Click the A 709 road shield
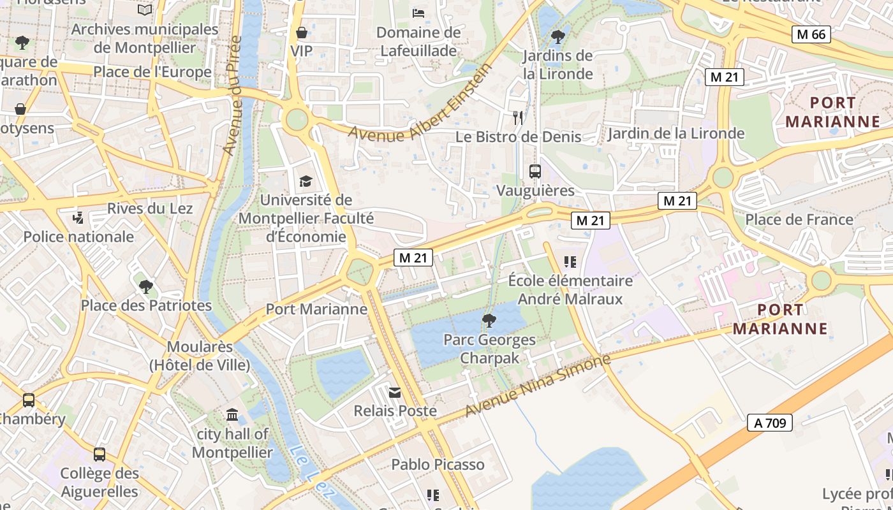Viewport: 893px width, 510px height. [x=769, y=422]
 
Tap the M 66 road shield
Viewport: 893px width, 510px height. [x=811, y=34]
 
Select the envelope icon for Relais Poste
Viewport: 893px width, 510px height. [x=395, y=393]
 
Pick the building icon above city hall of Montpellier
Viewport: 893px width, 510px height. [x=232, y=416]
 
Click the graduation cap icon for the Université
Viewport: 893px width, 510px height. [x=306, y=182]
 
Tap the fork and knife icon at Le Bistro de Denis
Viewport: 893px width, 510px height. [x=518, y=118]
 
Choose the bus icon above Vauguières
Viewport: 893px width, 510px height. [x=535, y=171]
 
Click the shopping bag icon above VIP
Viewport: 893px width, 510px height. [x=302, y=32]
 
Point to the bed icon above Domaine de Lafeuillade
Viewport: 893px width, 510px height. [x=418, y=13]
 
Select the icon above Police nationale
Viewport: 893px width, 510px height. [x=78, y=218]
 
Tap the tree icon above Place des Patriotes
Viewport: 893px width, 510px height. [x=146, y=286]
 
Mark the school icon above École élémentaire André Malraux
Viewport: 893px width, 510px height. [x=570, y=261]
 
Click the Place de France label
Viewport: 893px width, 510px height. [x=799, y=219]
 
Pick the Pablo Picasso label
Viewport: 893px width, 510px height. [x=438, y=464]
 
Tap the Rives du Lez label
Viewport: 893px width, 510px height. [x=150, y=208]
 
